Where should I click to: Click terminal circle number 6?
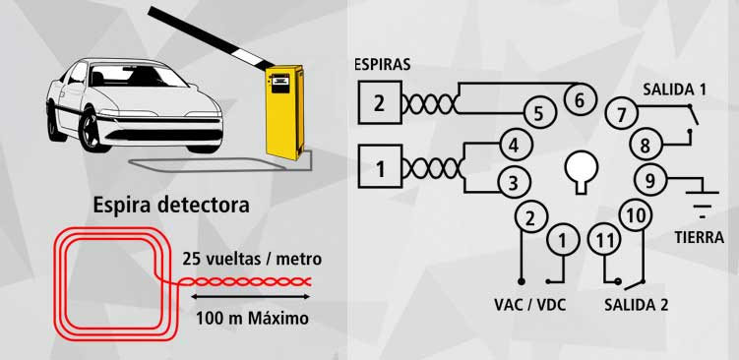coord(579,98)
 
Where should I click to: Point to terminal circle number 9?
coord(649,180)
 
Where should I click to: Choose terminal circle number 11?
coord(603,238)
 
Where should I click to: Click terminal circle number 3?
coord(513,181)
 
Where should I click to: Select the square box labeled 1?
coord(379,168)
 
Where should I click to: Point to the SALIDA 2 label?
coord(636,304)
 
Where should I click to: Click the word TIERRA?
coord(701,237)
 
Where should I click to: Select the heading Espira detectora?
coord(171,206)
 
